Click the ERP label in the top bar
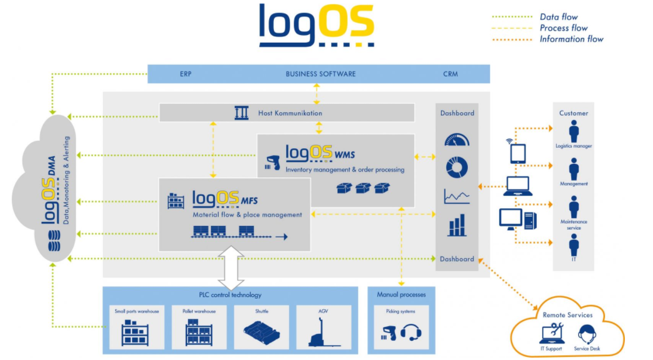186,74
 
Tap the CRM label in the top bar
450,74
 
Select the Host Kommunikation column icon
241,113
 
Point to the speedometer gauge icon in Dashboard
456,141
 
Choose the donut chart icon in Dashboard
456,168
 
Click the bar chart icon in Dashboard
457,225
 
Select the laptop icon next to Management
518,186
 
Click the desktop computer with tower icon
517,219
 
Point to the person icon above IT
574,244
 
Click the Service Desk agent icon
586,335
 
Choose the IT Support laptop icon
551,334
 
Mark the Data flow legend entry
558,17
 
